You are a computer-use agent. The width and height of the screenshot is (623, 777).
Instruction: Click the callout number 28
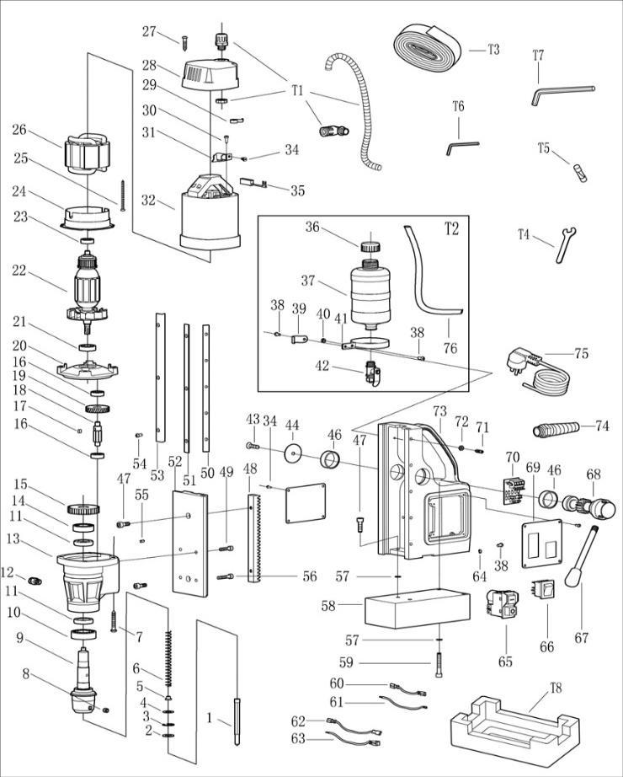pyautogui.click(x=150, y=65)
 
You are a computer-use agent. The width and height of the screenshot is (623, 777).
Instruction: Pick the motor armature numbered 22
pyautogui.click(x=90, y=287)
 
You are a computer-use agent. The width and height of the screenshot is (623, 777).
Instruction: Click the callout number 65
pyautogui.click(x=504, y=662)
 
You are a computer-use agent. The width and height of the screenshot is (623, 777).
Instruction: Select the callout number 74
pyautogui.click(x=601, y=426)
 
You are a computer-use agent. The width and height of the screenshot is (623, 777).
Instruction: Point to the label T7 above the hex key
pyautogui.click(x=538, y=56)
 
